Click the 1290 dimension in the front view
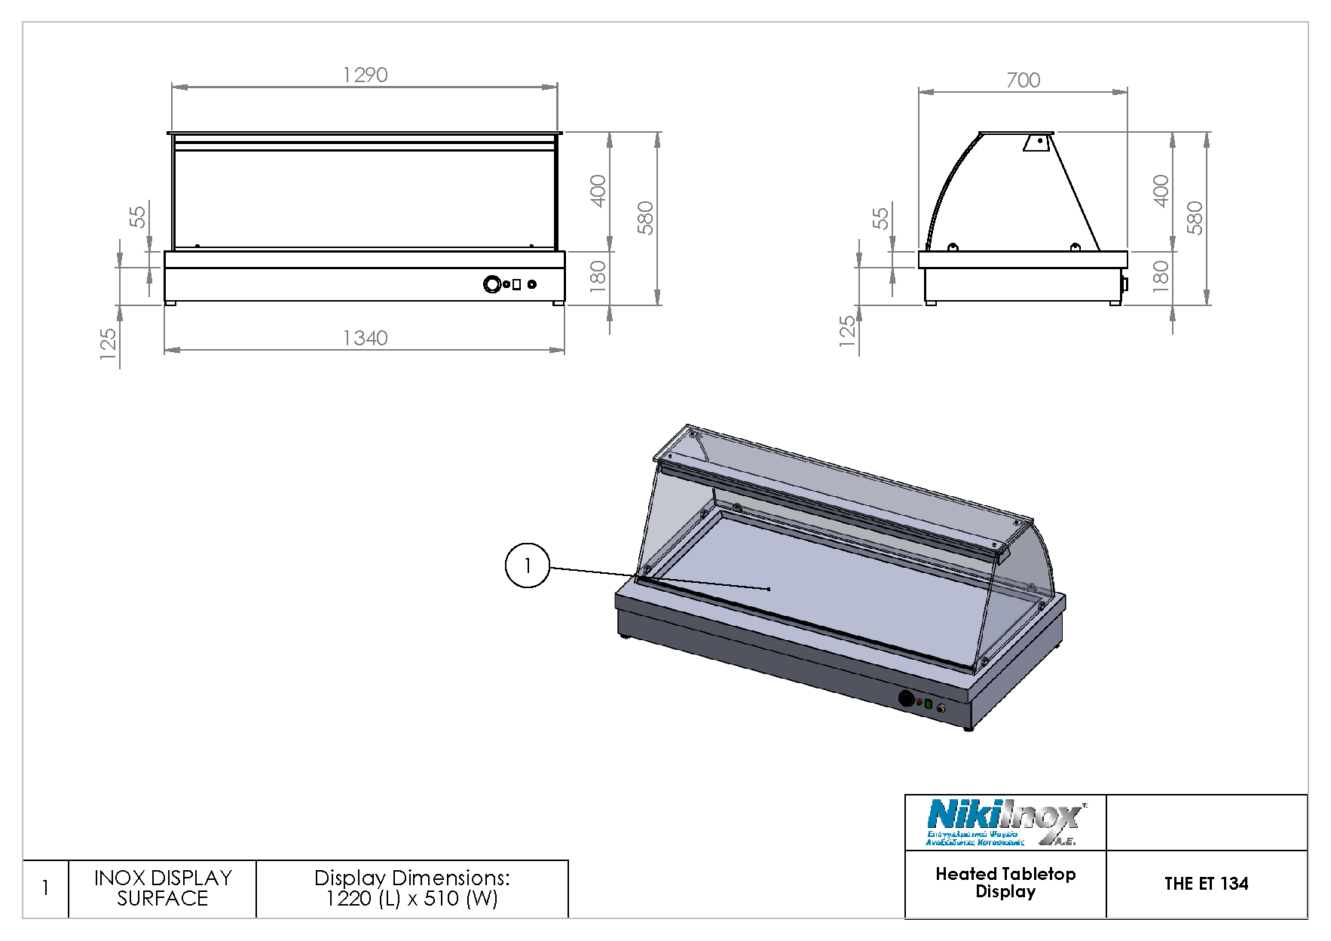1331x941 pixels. pos(365,75)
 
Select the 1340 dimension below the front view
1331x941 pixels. pos(365,338)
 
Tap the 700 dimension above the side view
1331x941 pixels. pos(1023,80)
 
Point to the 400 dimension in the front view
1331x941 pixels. pos(598,192)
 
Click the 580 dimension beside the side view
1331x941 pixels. pos(1195,218)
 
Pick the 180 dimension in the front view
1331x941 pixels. pos(598,277)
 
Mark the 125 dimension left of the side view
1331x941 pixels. pos(848,332)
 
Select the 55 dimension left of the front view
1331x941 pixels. pos(138,217)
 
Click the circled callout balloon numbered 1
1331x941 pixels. pos(527,565)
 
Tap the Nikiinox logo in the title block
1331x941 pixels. pos(1005,823)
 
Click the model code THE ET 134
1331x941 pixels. pos(1206,884)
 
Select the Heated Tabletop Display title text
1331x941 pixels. pos(1005,883)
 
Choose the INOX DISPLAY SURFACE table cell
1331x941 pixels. pos(163,888)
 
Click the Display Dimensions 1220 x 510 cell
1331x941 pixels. pos(412,888)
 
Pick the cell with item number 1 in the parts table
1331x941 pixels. pos(46,888)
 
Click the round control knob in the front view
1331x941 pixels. pos(492,284)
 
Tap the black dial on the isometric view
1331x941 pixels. pos(906,699)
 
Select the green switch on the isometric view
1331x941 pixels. pos(929,704)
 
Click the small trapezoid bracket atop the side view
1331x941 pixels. pos(1036,143)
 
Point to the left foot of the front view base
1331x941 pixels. pos(171,303)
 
